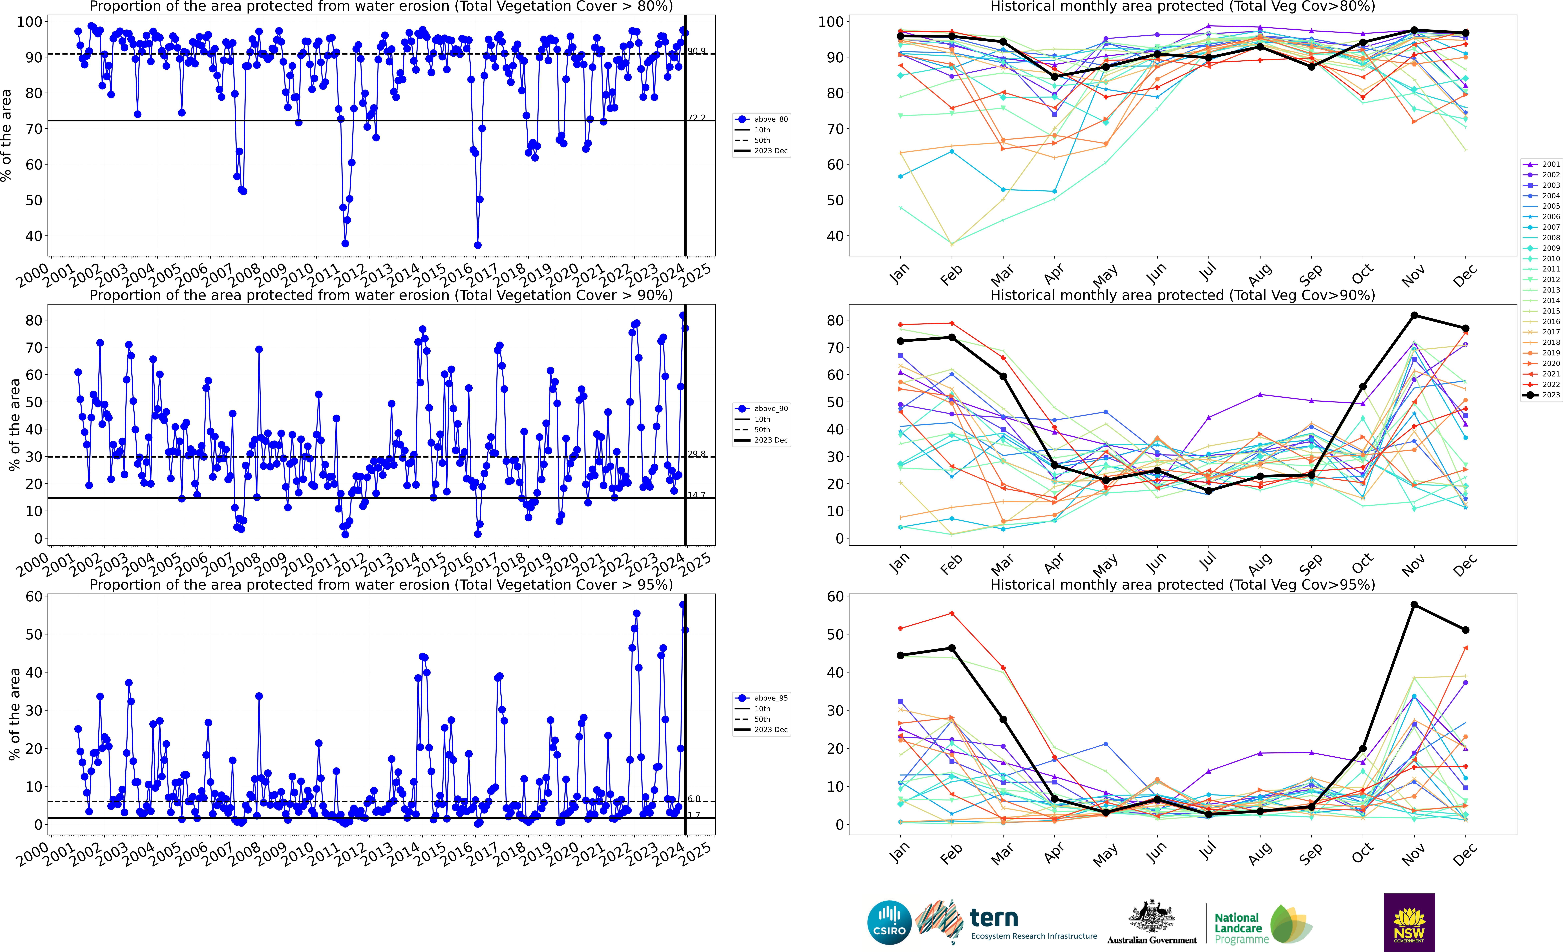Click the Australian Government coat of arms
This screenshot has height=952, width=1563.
point(1151,917)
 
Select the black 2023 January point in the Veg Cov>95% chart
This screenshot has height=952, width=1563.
point(900,655)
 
